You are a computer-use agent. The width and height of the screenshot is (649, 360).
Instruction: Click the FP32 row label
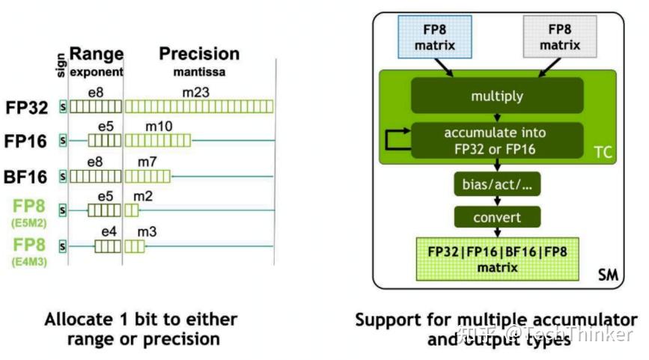28,107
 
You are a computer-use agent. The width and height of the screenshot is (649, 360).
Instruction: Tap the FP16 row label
28,141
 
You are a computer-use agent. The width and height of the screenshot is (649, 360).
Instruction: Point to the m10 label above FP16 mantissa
159,126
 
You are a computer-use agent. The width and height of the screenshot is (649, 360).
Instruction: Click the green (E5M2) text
28,223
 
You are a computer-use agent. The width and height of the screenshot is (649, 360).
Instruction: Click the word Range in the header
96,55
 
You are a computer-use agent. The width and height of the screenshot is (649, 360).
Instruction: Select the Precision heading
199,54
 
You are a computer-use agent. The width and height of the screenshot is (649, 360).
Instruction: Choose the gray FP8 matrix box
559,37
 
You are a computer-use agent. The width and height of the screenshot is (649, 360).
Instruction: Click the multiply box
496,96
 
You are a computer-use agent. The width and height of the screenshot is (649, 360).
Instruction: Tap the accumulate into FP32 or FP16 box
496,140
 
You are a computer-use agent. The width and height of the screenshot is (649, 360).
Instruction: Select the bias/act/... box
496,184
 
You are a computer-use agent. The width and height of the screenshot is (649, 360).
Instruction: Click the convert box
496,218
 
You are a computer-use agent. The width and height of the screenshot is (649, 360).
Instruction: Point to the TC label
603,153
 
